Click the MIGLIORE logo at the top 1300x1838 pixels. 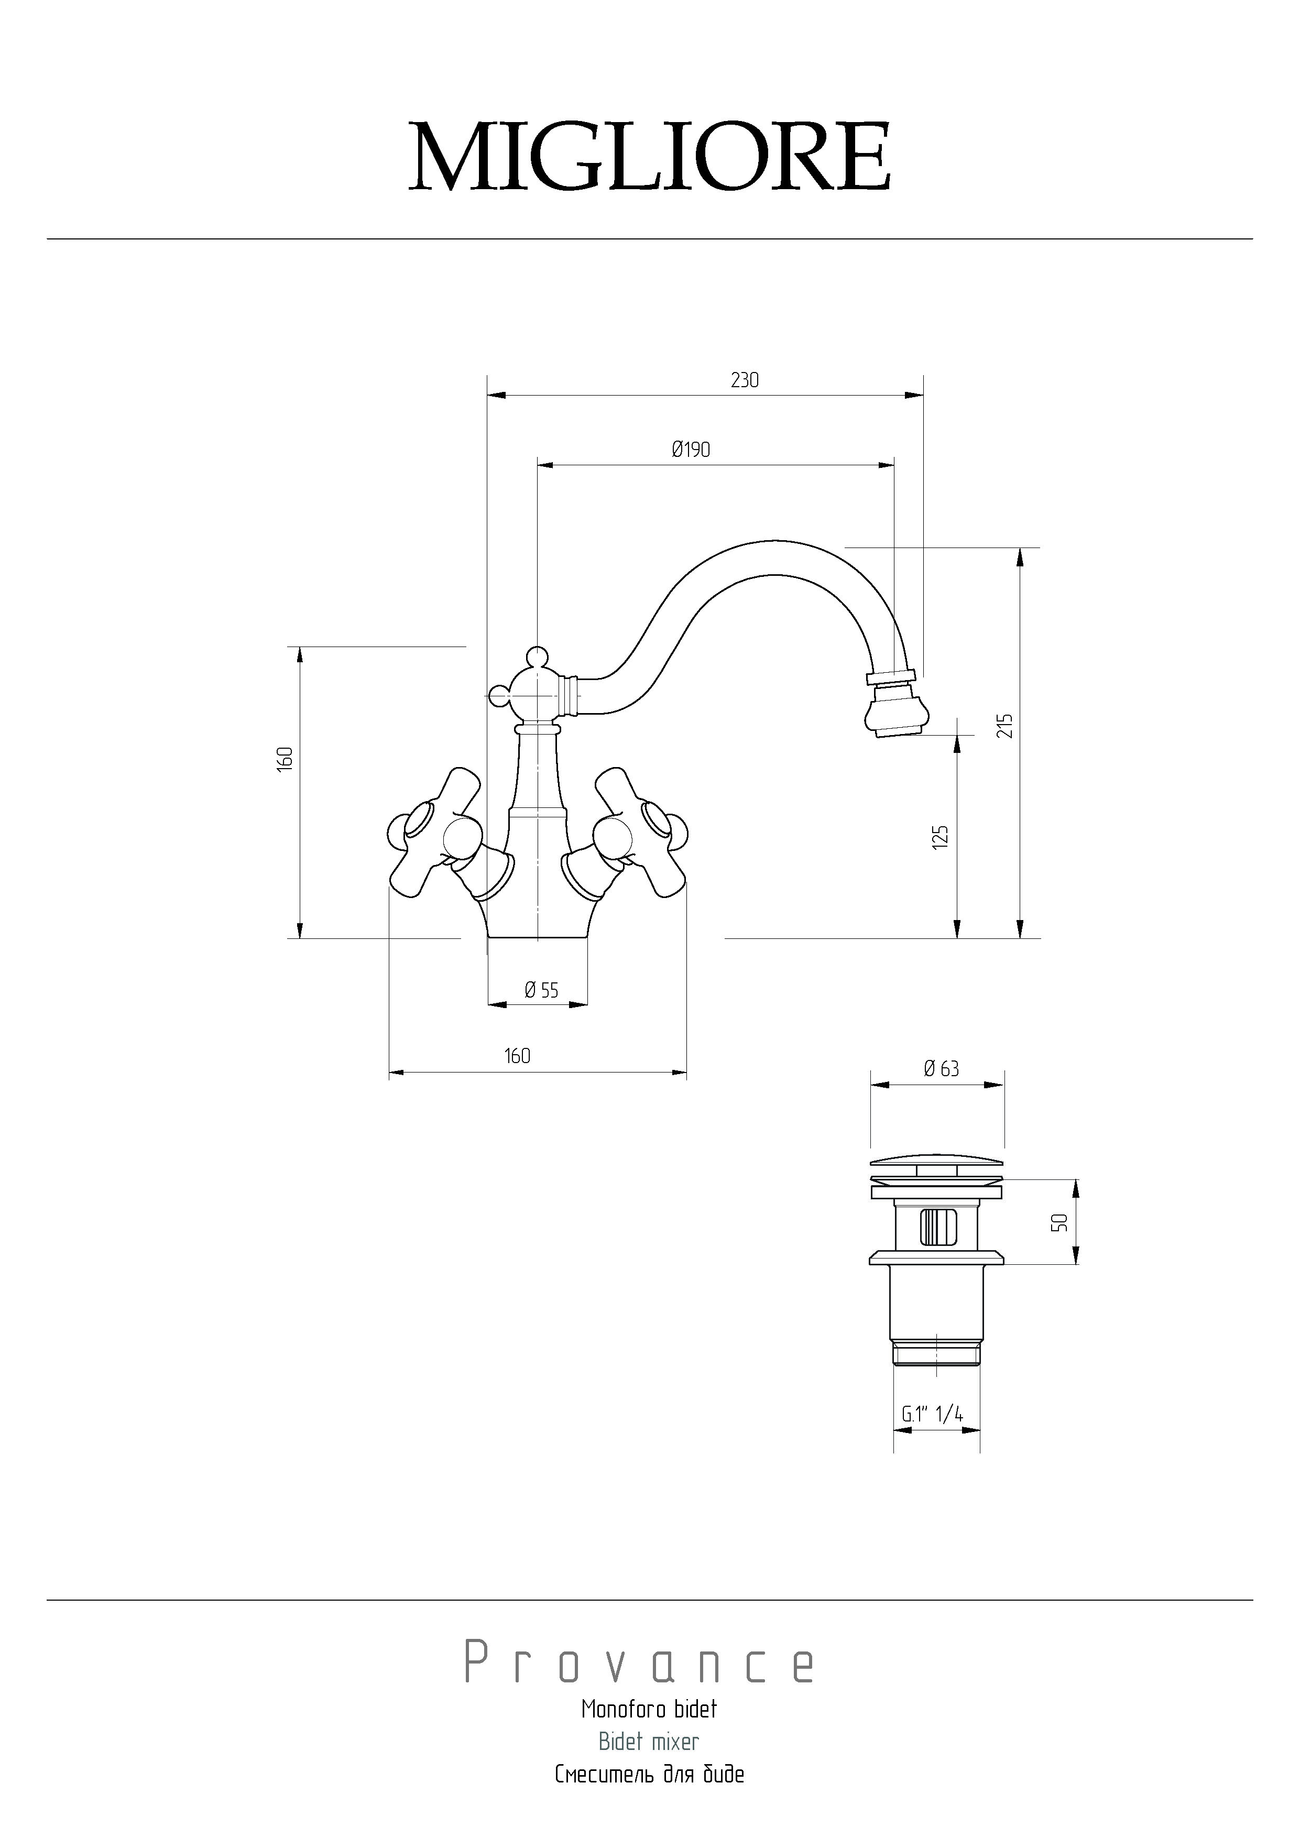649,156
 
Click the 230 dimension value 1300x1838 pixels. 745,380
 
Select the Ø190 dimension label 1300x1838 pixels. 691,450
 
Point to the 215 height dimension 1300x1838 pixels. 1006,726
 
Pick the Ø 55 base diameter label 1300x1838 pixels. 541,991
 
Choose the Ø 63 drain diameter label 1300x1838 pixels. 942,1069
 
